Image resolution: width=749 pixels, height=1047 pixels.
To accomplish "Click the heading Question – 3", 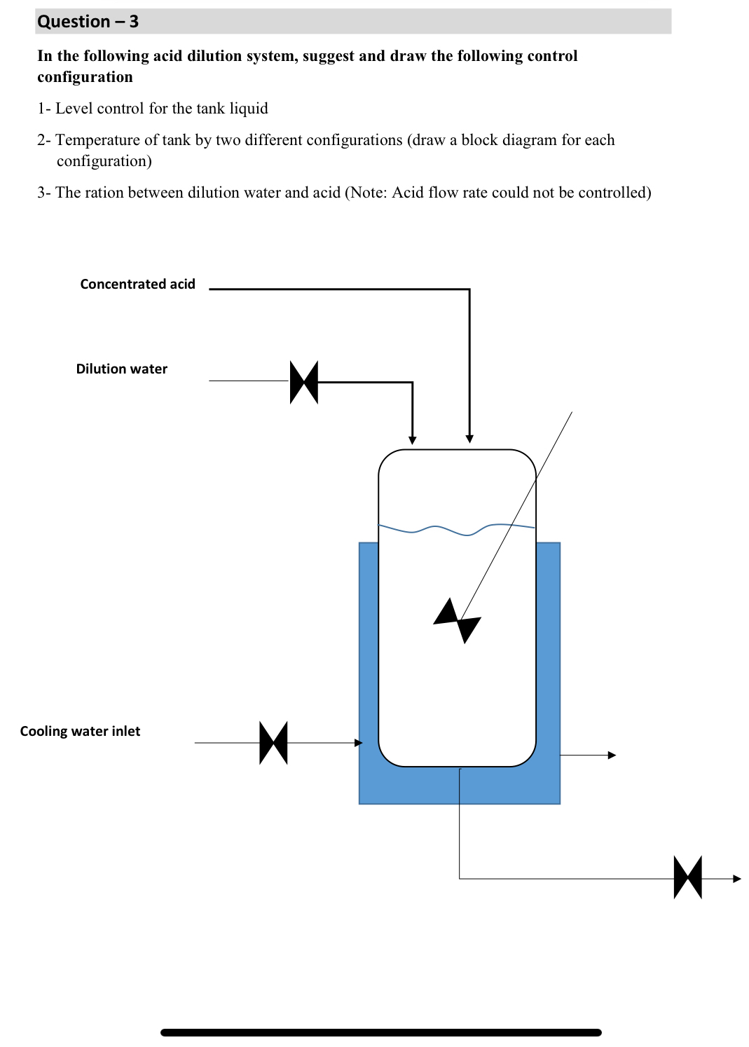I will pyautogui.click(x=88, y=22).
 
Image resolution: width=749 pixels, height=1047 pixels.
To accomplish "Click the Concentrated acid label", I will pyautogui.click(x=137, y=284).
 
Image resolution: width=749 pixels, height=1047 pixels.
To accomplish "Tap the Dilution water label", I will pyautogui.click(x=121, y=369).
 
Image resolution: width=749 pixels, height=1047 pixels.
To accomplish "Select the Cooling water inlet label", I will pyautogui.click(x=80, y=731).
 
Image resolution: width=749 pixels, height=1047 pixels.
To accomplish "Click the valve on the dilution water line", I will pyautogui.click(x=304, y=382).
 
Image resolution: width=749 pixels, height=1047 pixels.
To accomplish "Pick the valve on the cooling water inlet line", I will pyautogui.click(x=273, y=743).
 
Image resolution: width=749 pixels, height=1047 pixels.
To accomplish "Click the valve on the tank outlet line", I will pyautogui.click(x=687, y=877).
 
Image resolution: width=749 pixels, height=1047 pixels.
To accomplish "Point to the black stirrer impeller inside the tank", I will pyautogui.click(x=457, y=620).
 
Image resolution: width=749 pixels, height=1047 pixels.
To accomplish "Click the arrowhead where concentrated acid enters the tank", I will pyautogui.click(x=469, y=439).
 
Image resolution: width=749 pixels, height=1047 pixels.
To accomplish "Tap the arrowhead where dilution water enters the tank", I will pyautogui.click(x=413, y=440).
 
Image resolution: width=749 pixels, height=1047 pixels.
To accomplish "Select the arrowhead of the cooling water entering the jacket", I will pyautogui.click(x=359, y=743).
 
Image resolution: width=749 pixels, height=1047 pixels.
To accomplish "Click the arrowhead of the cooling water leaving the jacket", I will pyautogui.click(x=612, y=755).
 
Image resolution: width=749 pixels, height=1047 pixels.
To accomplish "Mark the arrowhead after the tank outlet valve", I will pyautogui.click(x=736, y=878).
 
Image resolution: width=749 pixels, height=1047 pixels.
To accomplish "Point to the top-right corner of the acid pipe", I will pyautogui.click(x=469, y=289).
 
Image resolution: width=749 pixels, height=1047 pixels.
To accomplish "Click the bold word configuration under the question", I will pyautogui.click(x=85, y=77).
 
